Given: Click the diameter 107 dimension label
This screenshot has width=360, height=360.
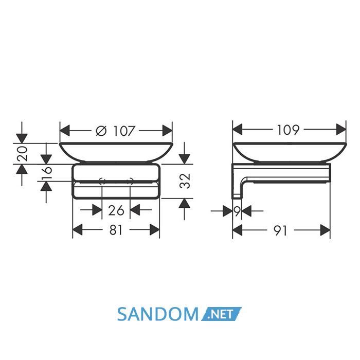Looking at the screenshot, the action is (115, 131).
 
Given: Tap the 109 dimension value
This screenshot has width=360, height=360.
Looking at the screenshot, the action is (289, 130).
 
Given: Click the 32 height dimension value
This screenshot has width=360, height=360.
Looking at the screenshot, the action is (185, 181).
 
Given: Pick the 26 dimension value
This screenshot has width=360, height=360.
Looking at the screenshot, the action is (116, 210).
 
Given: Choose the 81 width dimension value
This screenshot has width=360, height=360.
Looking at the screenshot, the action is (116, 230).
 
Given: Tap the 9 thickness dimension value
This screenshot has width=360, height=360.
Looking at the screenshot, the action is (238, 210).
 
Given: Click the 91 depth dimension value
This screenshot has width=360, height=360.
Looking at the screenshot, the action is (281, 230).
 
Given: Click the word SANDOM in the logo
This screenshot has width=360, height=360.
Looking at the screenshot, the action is (157, 314).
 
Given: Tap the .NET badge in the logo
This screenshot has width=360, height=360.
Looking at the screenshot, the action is (221, 314).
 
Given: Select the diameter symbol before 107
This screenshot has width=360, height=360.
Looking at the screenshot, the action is (101, 131).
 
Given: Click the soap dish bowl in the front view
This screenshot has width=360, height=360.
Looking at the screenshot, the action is (116, 152).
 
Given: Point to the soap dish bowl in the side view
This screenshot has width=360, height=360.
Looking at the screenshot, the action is (290, 152).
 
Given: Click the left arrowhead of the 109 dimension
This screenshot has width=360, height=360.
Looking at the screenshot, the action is (238, 129).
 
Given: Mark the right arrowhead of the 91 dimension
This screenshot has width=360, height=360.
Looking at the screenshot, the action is (325, 230).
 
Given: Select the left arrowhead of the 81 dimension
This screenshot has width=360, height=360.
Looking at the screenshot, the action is (77, 229).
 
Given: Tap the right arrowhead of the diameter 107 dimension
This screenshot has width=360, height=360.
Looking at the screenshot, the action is (167, 131).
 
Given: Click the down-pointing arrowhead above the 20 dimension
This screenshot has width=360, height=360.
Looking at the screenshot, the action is (22, 138).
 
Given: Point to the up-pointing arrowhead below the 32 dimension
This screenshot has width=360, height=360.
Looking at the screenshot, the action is (185, 203).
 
